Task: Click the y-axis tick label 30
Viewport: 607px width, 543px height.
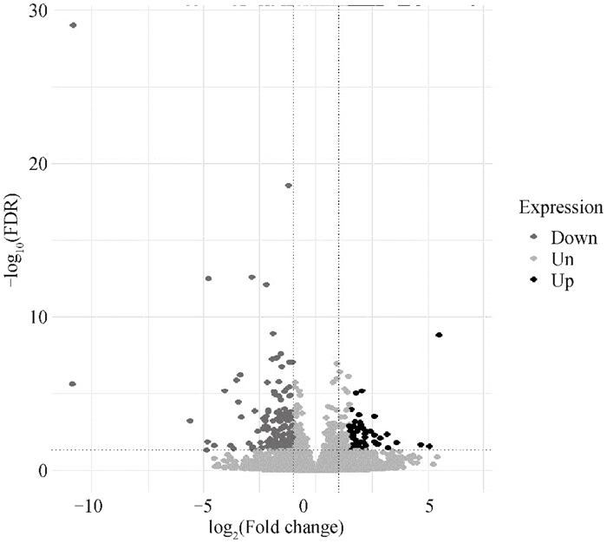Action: [38, 10]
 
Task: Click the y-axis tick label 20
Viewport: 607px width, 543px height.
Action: [38, 163]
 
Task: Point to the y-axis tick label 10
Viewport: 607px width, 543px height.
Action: [38, 317]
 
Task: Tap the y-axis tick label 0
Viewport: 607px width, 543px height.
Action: [42, 470]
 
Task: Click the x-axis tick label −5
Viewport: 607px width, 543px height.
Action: [205, 505]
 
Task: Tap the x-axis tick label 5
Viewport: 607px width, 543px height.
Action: [429, 505]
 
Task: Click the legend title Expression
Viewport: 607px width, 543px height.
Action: [560, 207]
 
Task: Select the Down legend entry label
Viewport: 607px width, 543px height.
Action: [574, 238]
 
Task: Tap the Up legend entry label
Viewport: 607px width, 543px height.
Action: [562, 281]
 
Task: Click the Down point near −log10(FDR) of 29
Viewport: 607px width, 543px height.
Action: [73, 25]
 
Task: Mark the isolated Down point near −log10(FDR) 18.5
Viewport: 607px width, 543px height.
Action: [288, 185]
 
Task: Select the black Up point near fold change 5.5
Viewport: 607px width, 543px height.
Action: [440, 335]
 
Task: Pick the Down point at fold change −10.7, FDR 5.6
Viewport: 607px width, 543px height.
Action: [72, 383]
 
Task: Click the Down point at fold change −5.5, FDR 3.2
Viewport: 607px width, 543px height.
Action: [190, 421]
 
